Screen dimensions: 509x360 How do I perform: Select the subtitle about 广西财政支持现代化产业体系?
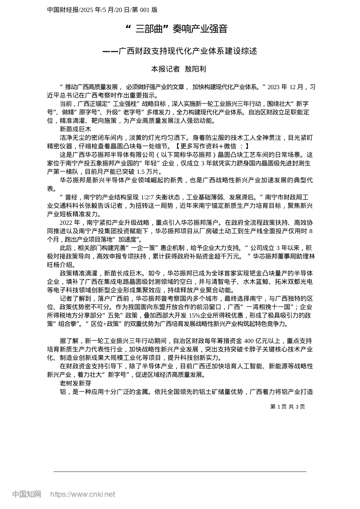point(180,51)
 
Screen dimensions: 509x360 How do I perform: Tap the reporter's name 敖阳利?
point(195,69)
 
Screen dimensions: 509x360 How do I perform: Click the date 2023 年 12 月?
point(285,87)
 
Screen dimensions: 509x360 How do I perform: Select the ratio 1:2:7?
point(147,197)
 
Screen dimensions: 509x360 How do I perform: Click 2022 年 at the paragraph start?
point(70,222)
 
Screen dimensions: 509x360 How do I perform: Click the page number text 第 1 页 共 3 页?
point(288,407)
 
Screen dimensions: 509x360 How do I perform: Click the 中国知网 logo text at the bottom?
point(27,494)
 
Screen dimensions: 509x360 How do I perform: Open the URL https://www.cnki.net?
point(83,495)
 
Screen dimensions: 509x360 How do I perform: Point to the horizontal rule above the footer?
point(180,472)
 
